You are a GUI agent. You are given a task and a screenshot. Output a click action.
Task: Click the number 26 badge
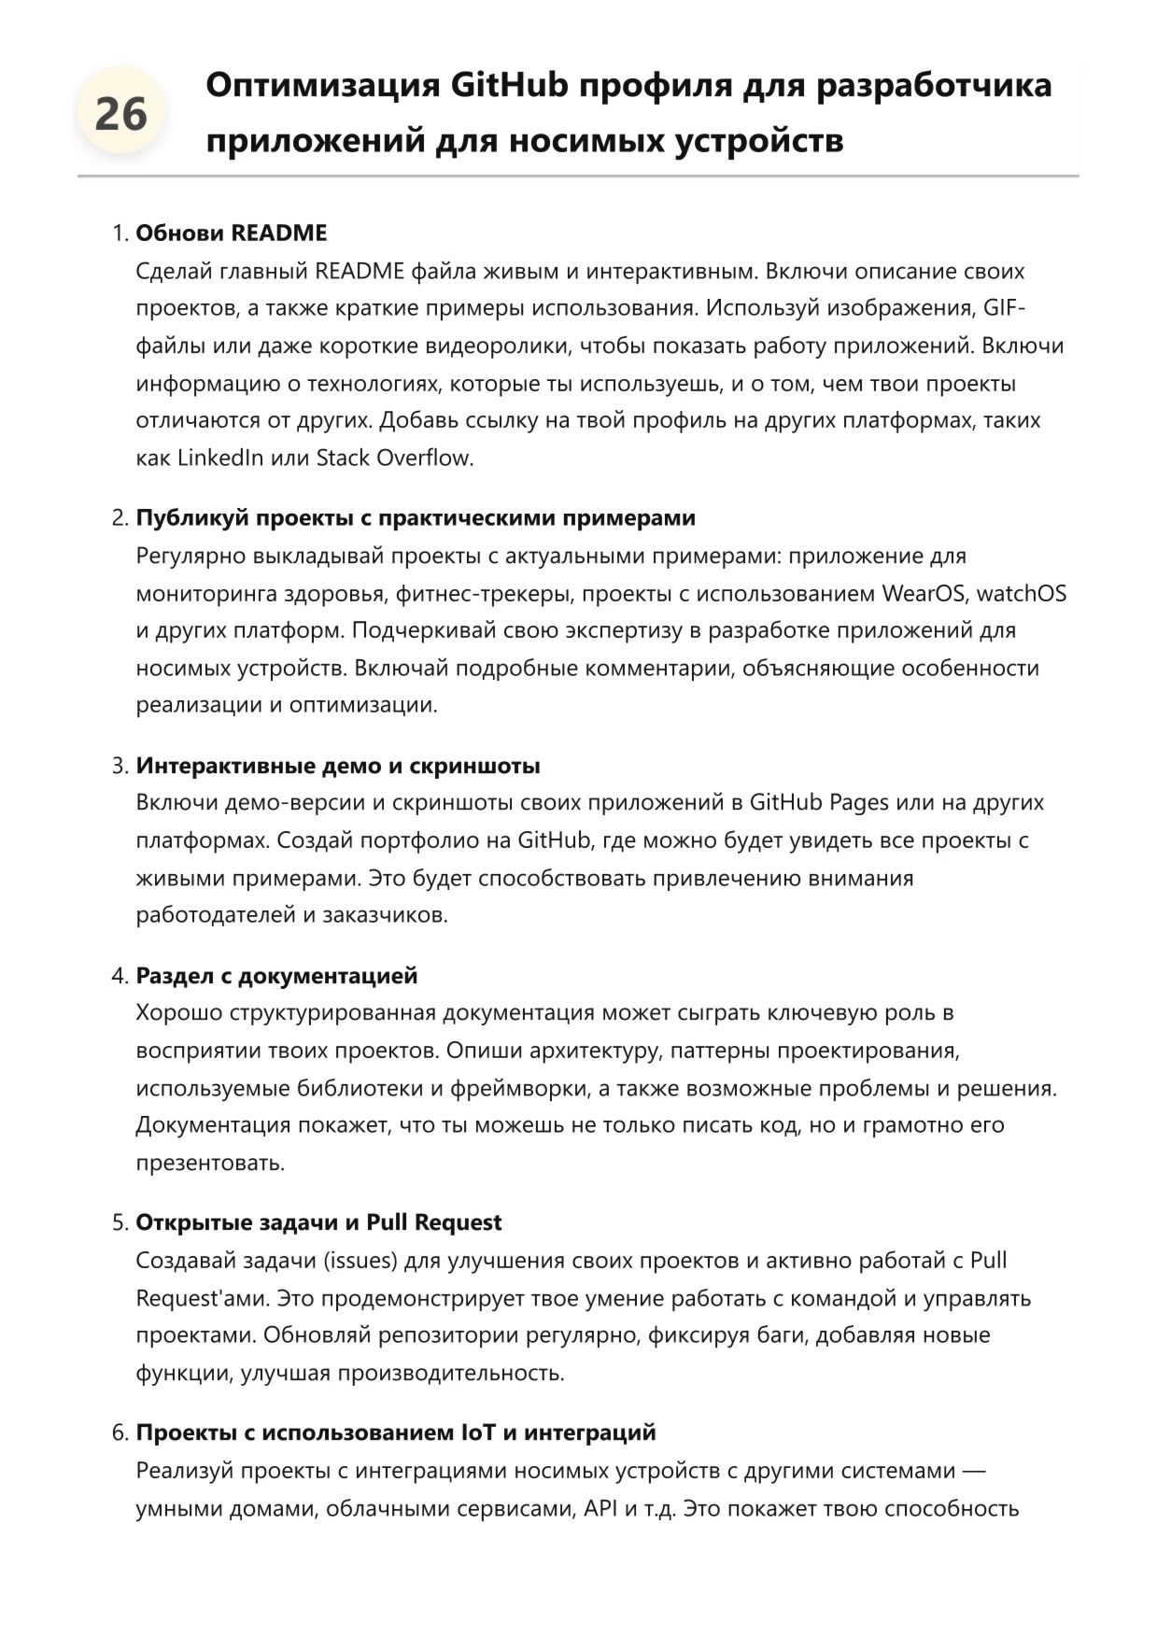pyautogui.click(x=120, y=115)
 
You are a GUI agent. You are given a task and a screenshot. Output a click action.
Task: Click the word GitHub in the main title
pyautogui.click(x=509, y=85)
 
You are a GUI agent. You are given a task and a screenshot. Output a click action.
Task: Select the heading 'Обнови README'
pyautogui.click(x=232, y=233)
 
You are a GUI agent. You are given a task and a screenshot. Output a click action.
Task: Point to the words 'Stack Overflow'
pyautogui.click(x=395, y=458)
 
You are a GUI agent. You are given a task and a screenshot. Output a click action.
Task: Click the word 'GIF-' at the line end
pyautogui.click(x=1005, y=308)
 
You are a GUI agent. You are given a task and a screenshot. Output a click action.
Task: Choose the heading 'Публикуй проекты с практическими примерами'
pyautogui.click(x=416, y=517)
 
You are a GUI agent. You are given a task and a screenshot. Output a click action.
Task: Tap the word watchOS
pyautogui.click(x=1021, y=593)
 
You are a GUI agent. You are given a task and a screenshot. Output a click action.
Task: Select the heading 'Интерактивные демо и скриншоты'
pyautogui.click(x=338, y=766)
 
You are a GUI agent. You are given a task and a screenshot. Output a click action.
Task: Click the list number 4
pyautogui.click(x=118, y=976)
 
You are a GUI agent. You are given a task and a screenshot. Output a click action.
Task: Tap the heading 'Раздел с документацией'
pyautogui.click(x=276, y=976)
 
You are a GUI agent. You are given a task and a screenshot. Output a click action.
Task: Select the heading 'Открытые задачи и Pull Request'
pyautogui.click(x=318, y=1222)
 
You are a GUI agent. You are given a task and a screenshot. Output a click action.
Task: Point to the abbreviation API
pyautogui.click(x=600, y=1508)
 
